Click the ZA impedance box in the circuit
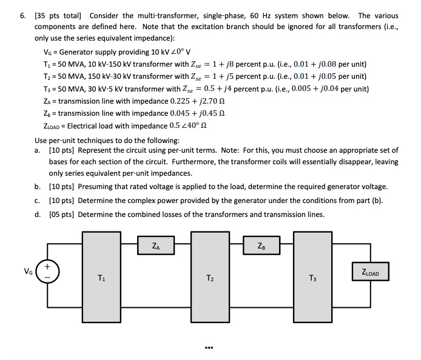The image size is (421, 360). coord(158,246)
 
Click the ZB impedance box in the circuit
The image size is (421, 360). coord(261,246)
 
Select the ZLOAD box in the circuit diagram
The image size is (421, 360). coord(369,273)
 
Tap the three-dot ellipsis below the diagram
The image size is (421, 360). coord(210,348)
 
